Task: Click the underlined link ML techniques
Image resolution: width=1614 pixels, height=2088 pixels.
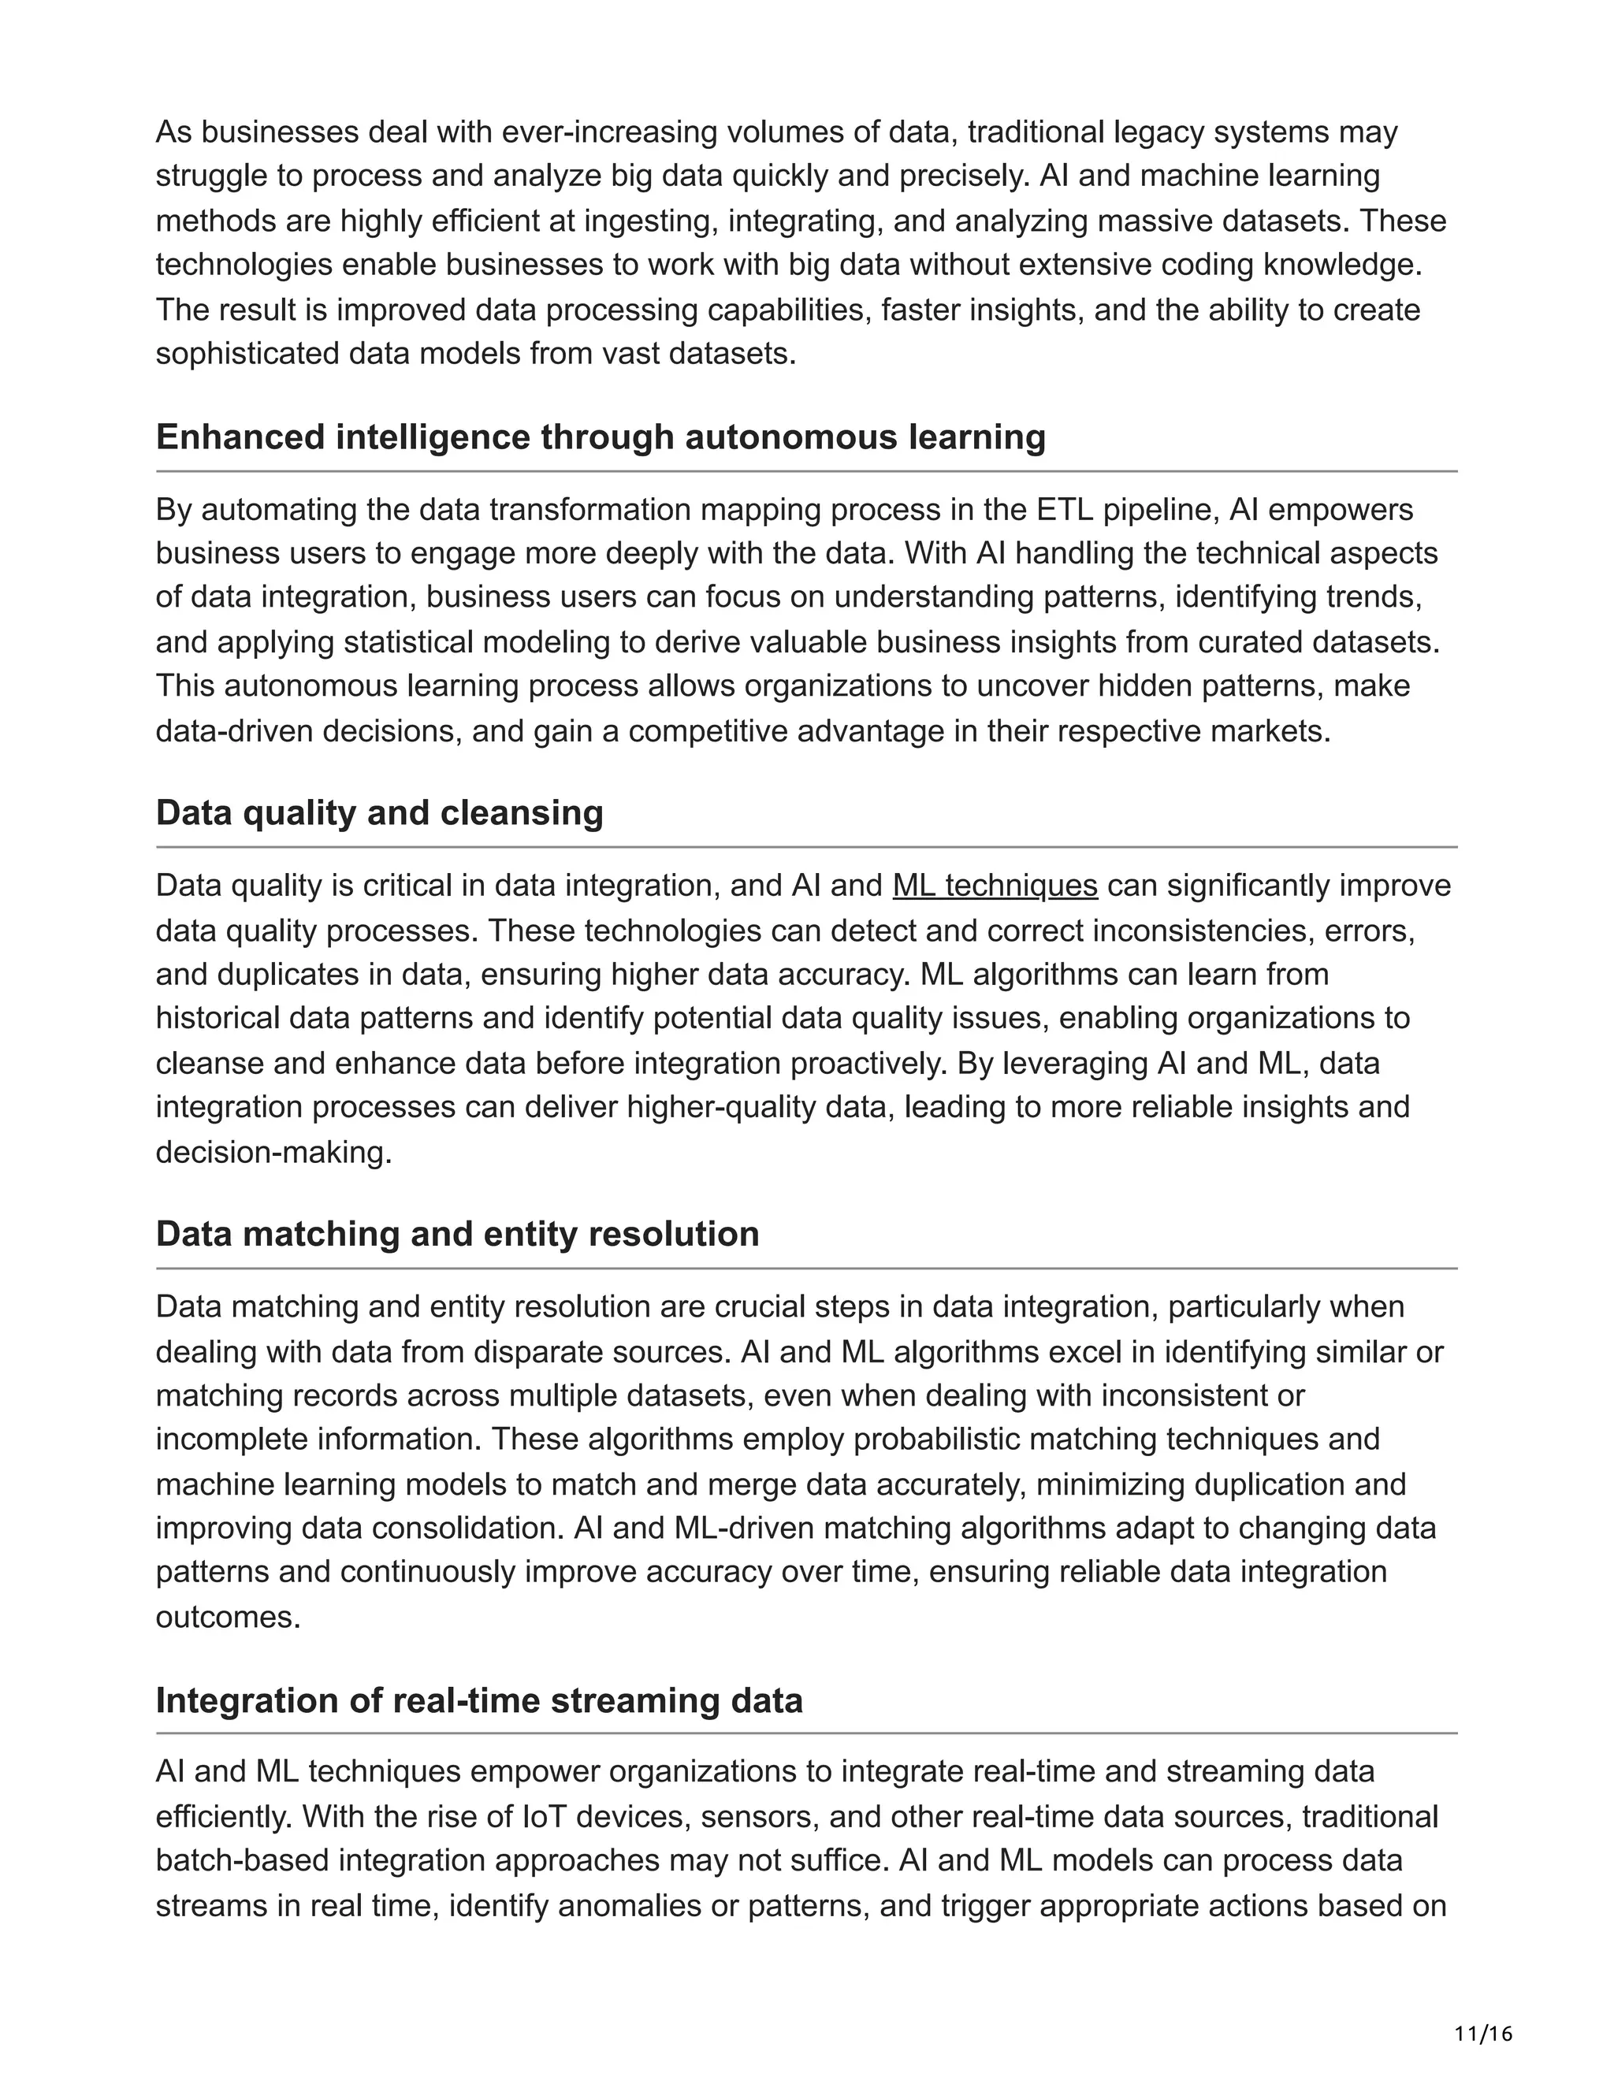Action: [x=995, y=886]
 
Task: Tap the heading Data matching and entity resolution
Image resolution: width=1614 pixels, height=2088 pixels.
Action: [x=457, y=1234]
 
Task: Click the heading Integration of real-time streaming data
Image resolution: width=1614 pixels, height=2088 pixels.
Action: [x=479, y=1701]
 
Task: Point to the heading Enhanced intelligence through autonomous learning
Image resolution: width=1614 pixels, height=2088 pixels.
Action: [x=601, y=438]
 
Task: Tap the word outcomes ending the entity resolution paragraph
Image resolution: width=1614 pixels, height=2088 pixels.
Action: [x=228, y=1618]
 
